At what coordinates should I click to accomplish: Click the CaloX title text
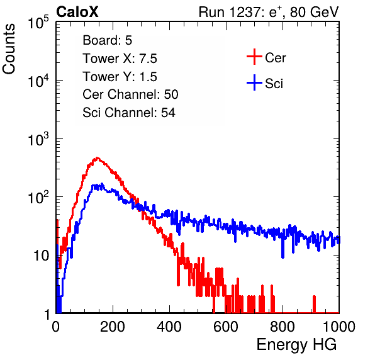77,12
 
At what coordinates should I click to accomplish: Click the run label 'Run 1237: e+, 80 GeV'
269,12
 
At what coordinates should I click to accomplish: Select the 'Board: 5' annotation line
107,40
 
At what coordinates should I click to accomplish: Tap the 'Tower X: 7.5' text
120,59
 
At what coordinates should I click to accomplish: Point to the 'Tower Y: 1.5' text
120,77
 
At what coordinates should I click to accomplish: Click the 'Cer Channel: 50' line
130,94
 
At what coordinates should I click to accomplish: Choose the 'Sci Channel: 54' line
129,113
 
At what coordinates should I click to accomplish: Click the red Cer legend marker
254,57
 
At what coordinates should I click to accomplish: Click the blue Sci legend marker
254,82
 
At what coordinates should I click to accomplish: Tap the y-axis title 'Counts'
9,49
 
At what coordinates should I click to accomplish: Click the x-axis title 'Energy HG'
296,344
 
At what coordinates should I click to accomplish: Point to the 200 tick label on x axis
113,327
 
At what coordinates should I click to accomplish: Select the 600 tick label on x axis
226,327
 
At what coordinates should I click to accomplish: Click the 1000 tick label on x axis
339,327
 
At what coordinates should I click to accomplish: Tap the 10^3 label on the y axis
38,138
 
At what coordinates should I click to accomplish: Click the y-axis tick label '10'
42,256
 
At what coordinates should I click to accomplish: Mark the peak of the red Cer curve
97,157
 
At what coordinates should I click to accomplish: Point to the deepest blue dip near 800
283,256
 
